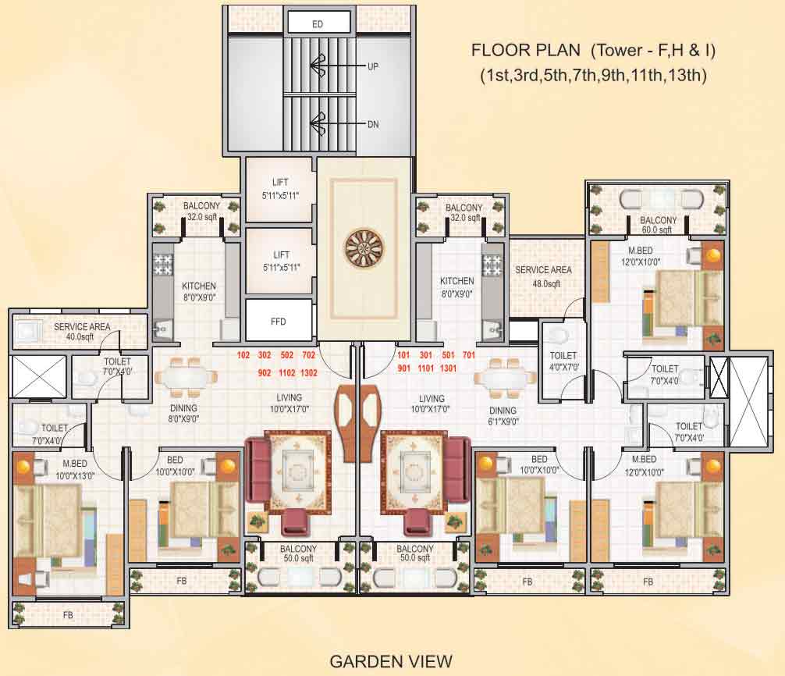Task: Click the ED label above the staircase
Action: click(x=318, y=24)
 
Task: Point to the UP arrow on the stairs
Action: click(x=318, y=66)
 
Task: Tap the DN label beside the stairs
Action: click(x=373, y=123)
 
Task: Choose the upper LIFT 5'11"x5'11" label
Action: click(x=281, y=188)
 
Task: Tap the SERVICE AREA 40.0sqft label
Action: click(x=82, y=331)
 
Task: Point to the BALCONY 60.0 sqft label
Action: click(x=659, y=225)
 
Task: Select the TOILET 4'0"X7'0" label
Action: click(x=562, y=361)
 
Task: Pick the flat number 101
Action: click(x=403, y=354)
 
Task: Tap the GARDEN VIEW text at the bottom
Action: click(x=391, y=662)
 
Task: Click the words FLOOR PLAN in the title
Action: click(x=525, y=51)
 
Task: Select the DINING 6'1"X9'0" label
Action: click(x=503, y=415)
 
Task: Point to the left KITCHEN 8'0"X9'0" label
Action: click(x=199, y=291)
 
